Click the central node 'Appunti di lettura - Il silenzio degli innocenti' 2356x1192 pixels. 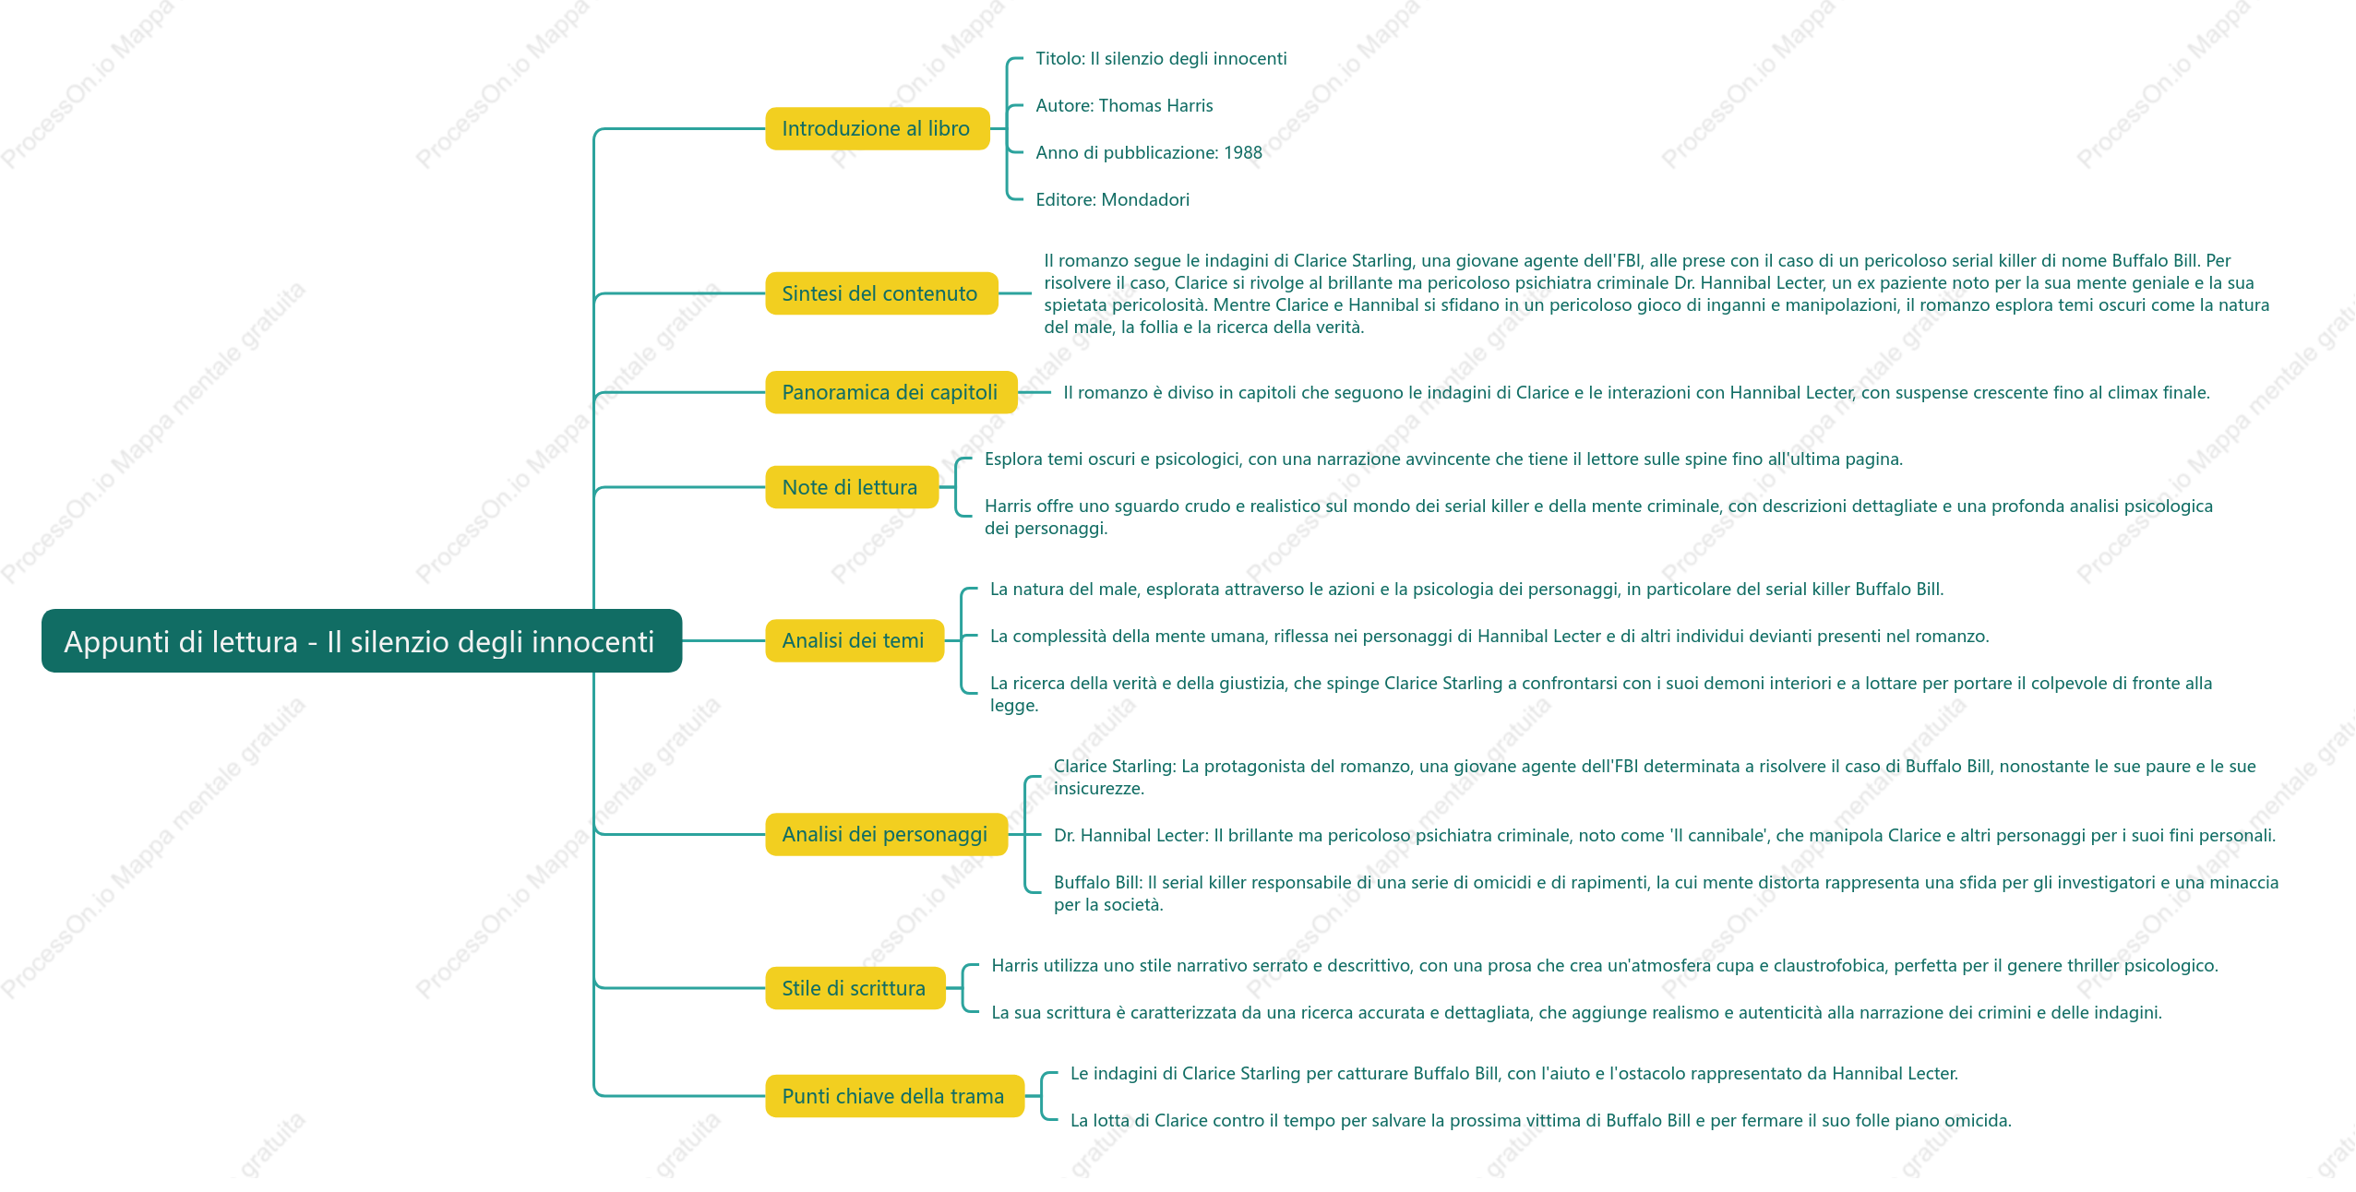(362, 640)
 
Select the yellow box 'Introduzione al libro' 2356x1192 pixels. (877, 128)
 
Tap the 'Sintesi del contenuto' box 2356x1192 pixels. (881, 293)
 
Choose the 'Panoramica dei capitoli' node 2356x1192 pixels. (891, 392)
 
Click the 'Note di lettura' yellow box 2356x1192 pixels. (851, 487)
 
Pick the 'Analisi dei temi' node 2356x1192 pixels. (854, 640)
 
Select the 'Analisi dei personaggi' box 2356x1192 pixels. (886, 834)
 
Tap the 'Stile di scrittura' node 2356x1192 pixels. (855, 988)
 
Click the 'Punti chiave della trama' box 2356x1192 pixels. (894, 1096)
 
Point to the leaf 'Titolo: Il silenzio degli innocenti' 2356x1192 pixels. (1161, 59)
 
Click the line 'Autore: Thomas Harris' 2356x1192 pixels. (1124, 106)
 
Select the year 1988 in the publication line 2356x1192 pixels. (1243, 153)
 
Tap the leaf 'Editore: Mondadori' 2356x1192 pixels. (1112, 200)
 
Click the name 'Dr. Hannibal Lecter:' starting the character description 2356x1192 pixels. (1130, 836)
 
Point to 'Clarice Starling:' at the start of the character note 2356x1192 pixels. (1114, 767)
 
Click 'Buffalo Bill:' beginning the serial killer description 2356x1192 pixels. (1098, 883)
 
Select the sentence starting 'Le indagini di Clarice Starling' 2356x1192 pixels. (1513, 1074)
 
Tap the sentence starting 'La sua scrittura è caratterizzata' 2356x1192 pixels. (1576, 1013)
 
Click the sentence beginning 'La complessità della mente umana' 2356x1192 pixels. (1489, 637)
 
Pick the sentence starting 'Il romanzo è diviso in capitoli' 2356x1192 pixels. (1636, 393)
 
